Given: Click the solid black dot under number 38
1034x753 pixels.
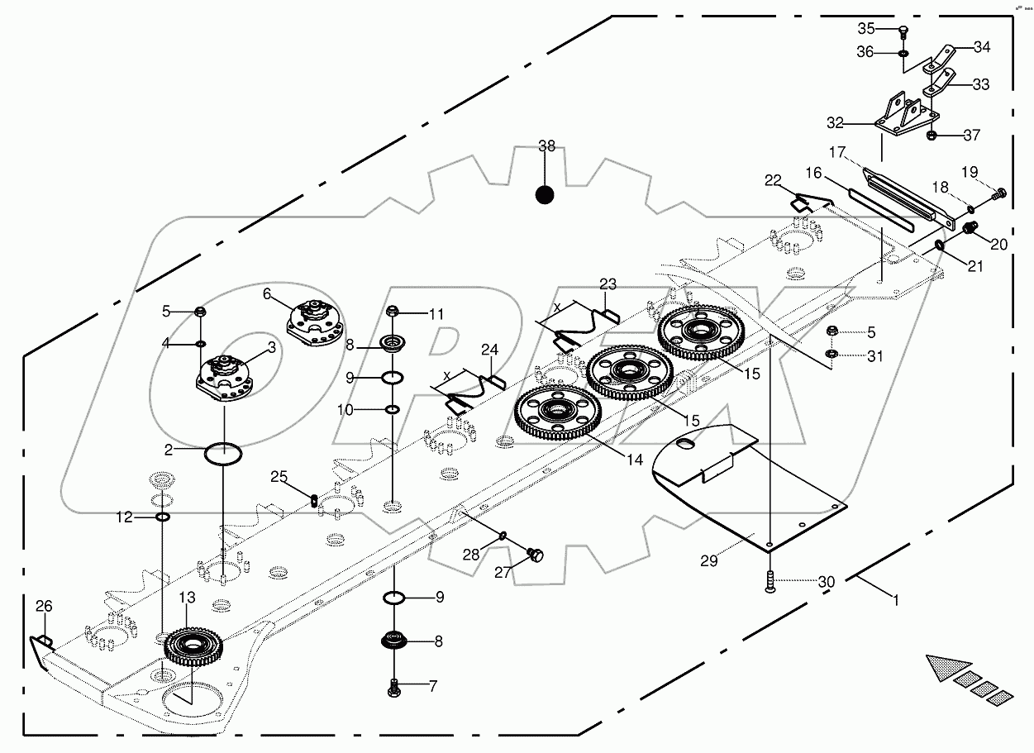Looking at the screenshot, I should click(544, 195).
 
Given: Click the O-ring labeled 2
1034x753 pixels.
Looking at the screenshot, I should click(223, 454).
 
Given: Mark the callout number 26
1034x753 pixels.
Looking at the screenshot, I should click(43, 607).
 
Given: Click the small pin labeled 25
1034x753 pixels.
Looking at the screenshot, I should click(314, 500).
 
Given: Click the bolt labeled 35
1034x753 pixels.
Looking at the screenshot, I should click(903, 31).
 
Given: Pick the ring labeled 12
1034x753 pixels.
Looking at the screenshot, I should click(163, 517).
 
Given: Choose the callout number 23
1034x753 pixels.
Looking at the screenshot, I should click(608, 285).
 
